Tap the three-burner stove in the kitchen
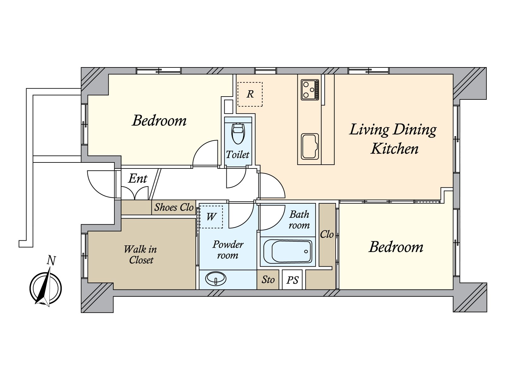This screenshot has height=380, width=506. pos(310,90)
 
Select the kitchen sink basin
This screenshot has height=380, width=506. pos(310,147)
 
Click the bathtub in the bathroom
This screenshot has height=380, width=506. pos(288,251)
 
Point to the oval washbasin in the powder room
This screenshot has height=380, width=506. pos(216,279)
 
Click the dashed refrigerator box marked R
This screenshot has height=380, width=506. pos(250,94)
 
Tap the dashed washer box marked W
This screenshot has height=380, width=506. pos(211,217)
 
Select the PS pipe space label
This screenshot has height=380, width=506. pos(292,280)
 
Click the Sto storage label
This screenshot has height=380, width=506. pos(268,280)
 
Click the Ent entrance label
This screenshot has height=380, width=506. pos(138,178)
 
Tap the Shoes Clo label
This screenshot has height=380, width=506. pos(174,207)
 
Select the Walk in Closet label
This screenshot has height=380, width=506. pos(141,255)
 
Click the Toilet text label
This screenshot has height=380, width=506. pos(238,155)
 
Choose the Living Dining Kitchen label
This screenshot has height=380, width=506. pos(393,139)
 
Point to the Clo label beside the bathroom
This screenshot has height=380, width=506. pos(327,234)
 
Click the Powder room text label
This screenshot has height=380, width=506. pos(228,250)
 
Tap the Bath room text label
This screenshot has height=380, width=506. pos(299,220)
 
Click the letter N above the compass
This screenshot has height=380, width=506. pos(51,261)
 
